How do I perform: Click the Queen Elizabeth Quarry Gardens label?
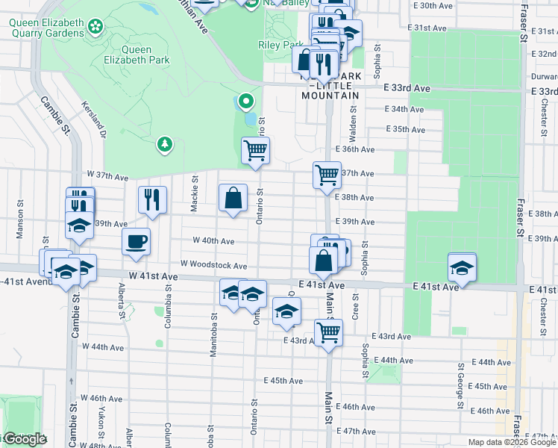pos(46,28)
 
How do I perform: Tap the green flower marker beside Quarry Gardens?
pos(95,28)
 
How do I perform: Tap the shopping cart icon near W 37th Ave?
pos(256,150)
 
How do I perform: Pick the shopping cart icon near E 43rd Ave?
pos(328,332)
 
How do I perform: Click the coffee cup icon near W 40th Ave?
pos(136,242)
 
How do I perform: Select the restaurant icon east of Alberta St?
pos(151,199)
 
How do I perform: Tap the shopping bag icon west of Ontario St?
pos(233,198)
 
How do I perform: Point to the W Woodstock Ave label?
pos(213,265)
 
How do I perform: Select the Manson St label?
pos(20,225)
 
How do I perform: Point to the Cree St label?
pos(355,308)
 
